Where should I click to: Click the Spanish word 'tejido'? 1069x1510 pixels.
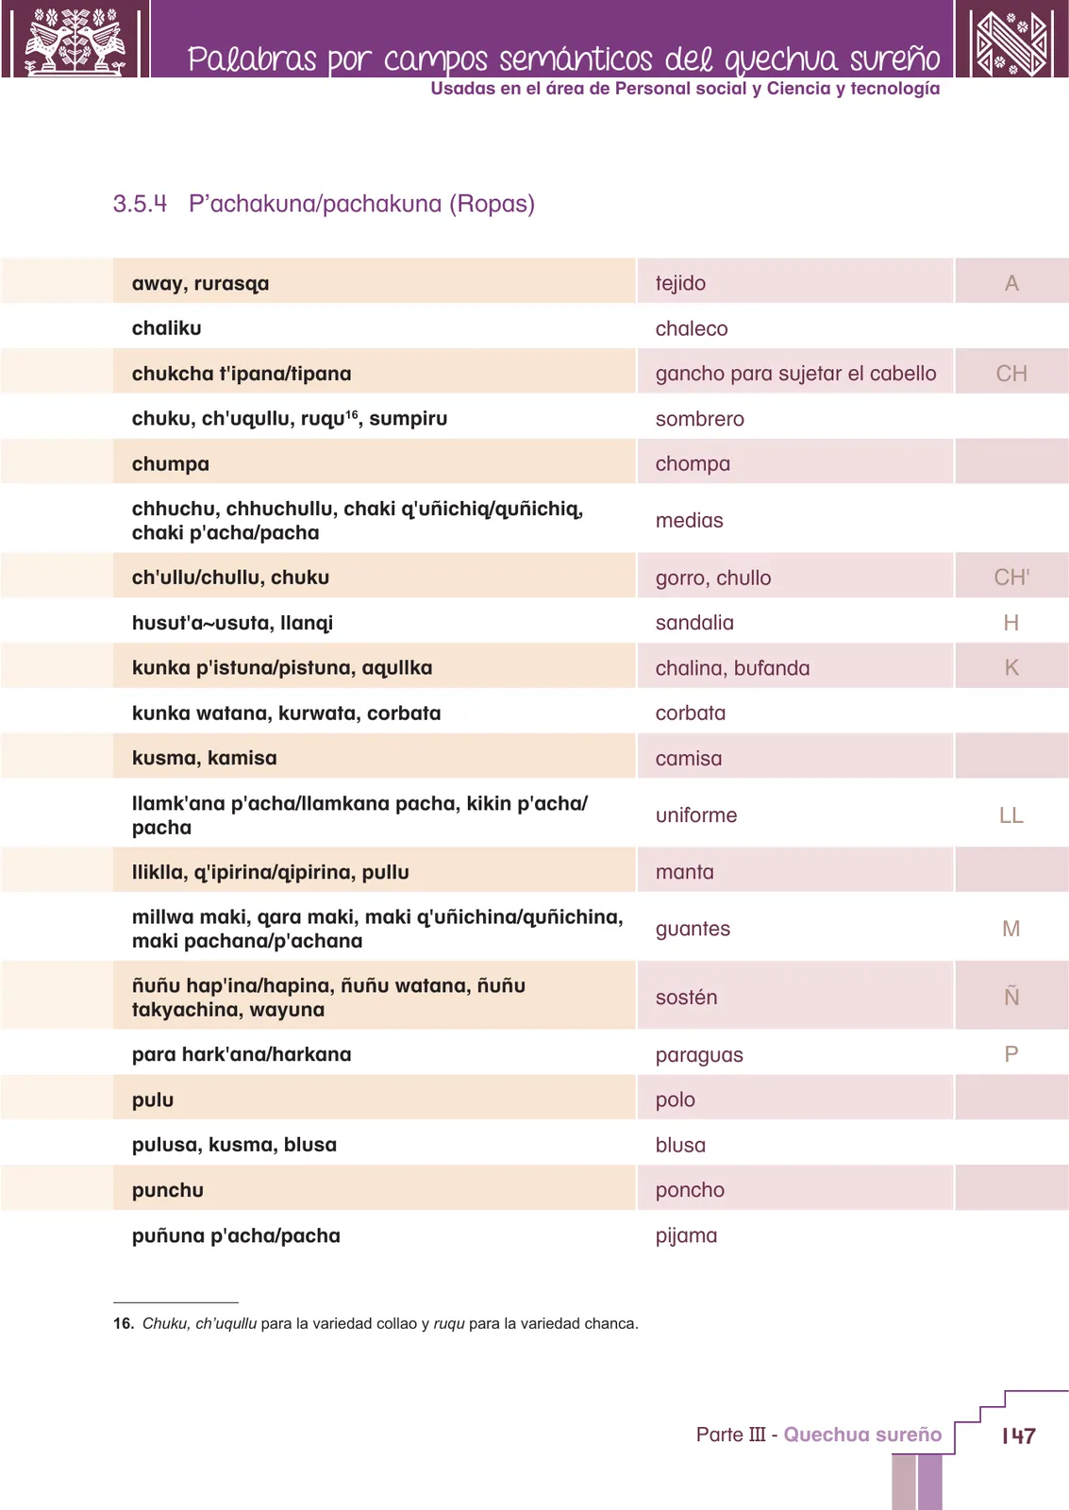click(680, 283)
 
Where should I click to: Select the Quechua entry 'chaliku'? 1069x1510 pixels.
click(166, 328)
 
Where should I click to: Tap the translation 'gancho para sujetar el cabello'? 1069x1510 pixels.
click(795, 374)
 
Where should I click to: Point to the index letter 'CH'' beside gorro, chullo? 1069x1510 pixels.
click(1011, 577)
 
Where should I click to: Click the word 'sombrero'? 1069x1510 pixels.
click(700, 419)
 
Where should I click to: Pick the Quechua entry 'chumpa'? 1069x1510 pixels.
click(171, 464)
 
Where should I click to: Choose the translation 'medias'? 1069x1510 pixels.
click(689, 520)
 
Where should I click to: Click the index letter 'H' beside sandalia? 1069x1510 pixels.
click(1011, 623)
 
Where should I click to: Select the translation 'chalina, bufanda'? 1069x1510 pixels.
click(733, 668)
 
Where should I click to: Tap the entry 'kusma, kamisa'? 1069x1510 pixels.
click(204, 759)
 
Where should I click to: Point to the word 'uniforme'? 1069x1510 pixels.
click(696, 815)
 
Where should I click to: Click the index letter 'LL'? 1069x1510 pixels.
click(1011, 815)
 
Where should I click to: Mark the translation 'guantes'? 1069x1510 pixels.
click(693, 930)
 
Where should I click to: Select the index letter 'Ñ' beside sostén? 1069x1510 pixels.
click(1011, 997)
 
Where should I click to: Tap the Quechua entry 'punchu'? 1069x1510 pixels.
click(168, 1191)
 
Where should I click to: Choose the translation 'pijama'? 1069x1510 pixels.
click(686, 1236)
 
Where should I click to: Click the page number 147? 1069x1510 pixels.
click(1018, 1435)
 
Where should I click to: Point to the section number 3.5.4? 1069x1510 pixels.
click(140, 204)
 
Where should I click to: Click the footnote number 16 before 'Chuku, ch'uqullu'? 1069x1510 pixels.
click(123, 1324)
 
